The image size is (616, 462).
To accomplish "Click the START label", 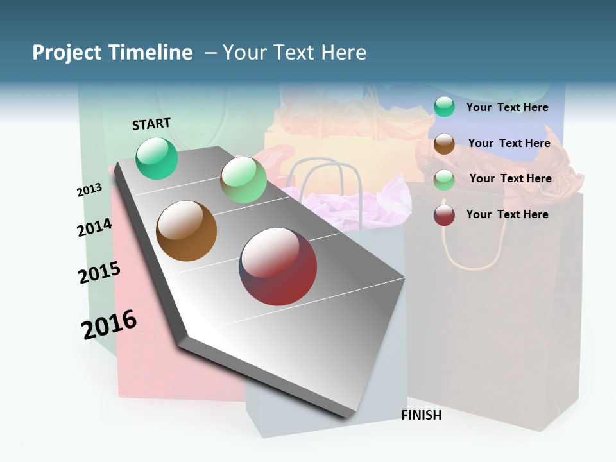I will click(151, 124).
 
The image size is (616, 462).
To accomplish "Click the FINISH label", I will click(421, 415).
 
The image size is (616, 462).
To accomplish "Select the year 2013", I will click(89, 190).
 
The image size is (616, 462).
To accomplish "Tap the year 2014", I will click(94, 227).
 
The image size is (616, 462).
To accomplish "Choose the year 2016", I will click(109, 325).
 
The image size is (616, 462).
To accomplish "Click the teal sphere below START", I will click(157, 158).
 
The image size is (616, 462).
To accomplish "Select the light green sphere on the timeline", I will click(243, 179).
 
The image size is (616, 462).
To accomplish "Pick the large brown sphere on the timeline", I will click(187, 231).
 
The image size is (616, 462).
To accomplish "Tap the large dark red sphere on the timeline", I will click(278, 266).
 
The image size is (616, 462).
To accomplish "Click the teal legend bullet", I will click(444, 107).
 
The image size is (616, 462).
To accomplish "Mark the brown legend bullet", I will click(444, 144).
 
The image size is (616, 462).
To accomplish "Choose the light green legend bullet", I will click(444, 180).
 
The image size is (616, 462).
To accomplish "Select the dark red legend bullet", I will click(444, 215).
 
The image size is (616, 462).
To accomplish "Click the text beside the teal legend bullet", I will click(507, 107).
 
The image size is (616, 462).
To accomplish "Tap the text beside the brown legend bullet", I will click(509, 143).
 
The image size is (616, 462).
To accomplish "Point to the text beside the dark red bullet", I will click(507, 214).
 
